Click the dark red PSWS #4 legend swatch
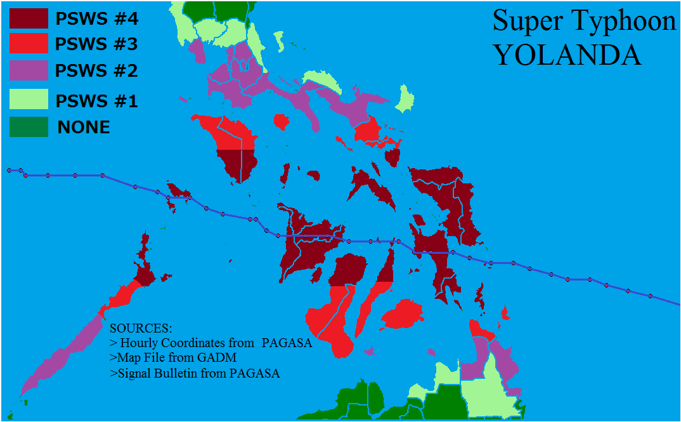point(29,18)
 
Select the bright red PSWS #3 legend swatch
point(29,44)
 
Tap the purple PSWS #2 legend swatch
point(29,70)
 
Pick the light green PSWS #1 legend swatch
point(29,100)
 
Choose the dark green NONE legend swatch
point(29,127)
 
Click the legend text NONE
point(84,128)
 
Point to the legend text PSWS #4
point(96,19)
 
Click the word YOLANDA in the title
point(567,55)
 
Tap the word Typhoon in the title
point(619,22)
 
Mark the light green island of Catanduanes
point(403,100)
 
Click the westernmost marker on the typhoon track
point(10,170)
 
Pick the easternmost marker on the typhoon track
point(651,296)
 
